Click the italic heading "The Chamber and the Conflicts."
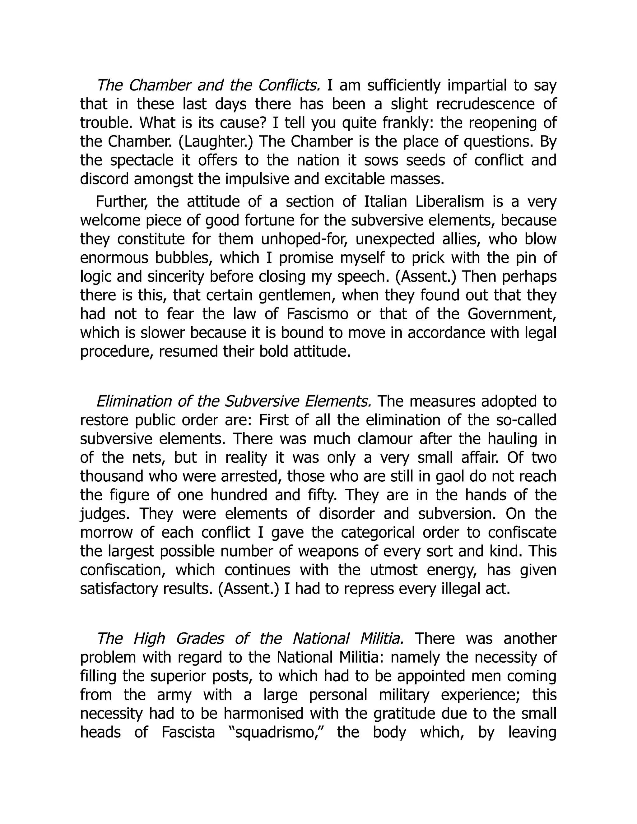coord(208,86)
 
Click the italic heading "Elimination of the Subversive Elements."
coord(234,401)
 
